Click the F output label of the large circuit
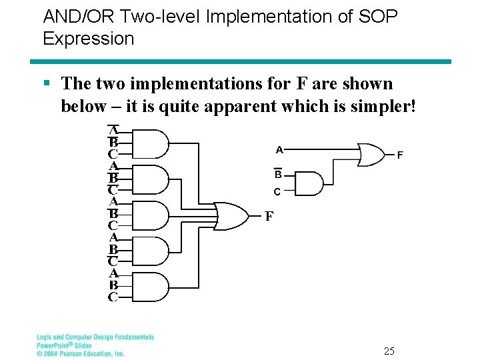pyautogui.click(x=269, y=216)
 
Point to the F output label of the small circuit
pyautogui.click(x=400, y=155)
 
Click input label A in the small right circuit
pyautogui.click(x=279, y=149)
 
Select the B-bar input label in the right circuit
pyautogui.click(x=278, y=174)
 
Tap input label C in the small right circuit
pyautogui.click(x=277, y=191)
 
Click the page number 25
pyautogui.click(x=389, y=351)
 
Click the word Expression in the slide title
pyautogui.click(x=88, y=39)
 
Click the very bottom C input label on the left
pyautogui.click(x=113, y=297)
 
